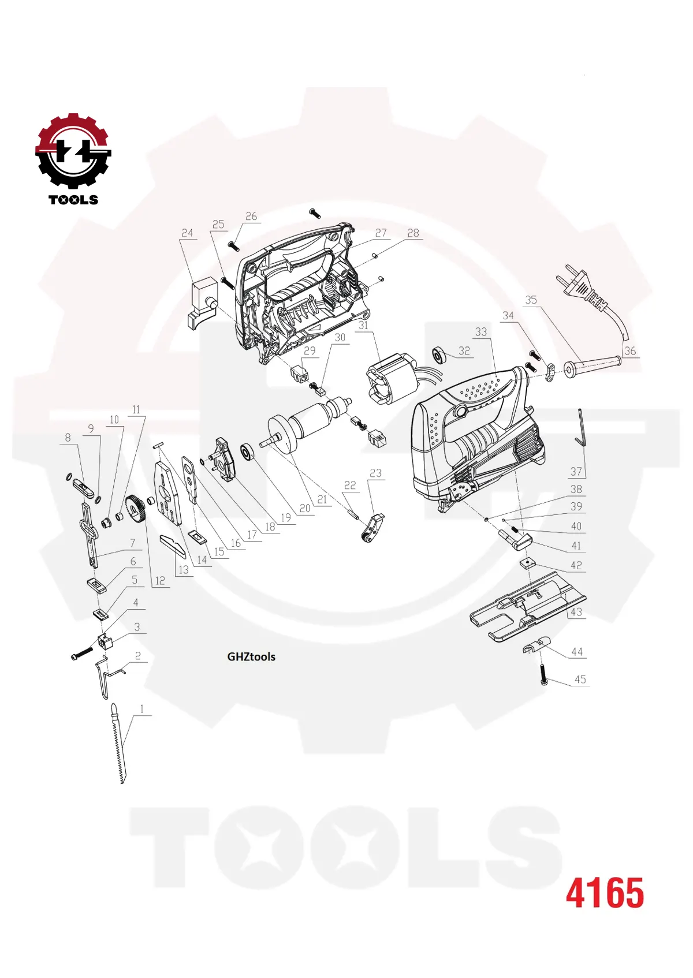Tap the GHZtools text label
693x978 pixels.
[251, 656]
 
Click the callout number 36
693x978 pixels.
[629, 351]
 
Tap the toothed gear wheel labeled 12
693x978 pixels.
[136, 510]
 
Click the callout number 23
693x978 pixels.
[375, 473]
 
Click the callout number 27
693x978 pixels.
[381, 233]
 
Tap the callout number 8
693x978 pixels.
[68, 438]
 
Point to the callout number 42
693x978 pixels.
[576, 565]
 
